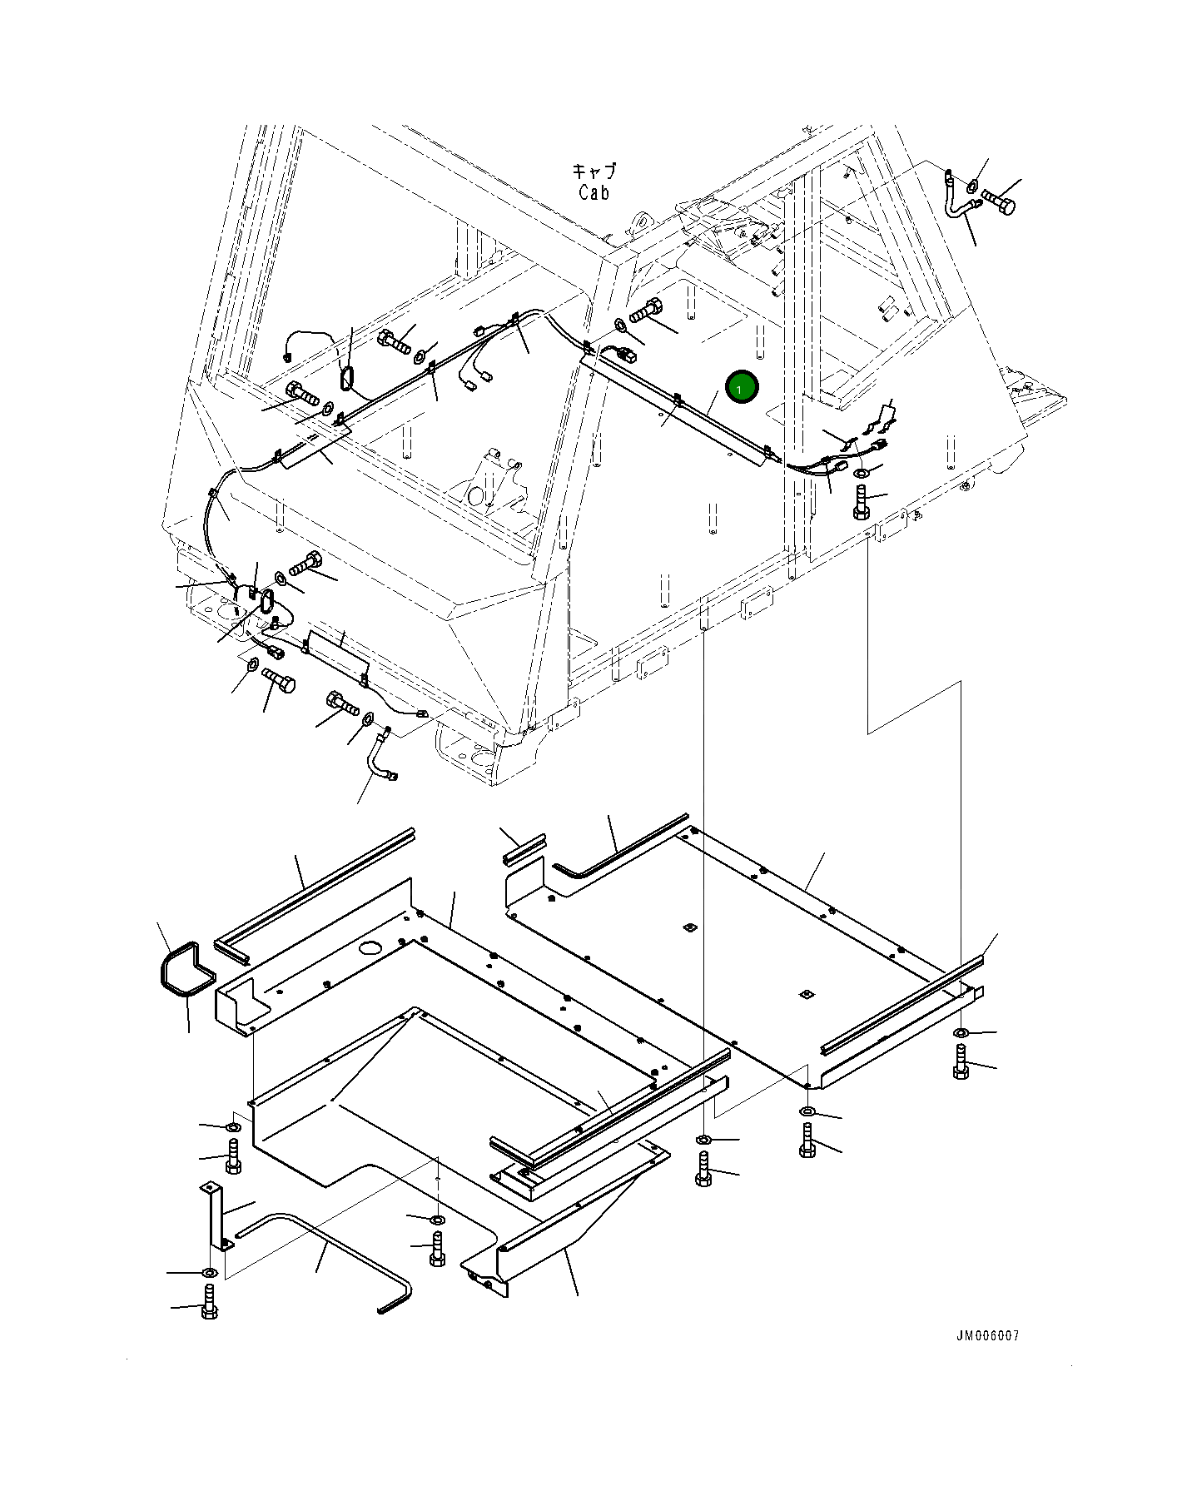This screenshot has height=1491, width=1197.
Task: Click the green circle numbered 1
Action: tap(741, 388)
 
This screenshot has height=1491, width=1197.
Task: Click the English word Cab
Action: tap(594, 192)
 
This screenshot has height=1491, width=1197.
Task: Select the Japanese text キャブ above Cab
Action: tap(594, 171)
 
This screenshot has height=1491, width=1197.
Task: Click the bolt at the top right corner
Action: tap(999, 201)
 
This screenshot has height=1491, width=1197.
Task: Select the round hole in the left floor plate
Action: tap(369, 947)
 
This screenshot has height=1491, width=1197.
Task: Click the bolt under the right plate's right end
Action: tap(961, 1063)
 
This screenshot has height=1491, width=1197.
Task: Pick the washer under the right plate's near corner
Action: tap(807, 1111)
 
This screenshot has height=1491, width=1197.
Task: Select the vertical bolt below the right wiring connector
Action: tap(861, 503)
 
